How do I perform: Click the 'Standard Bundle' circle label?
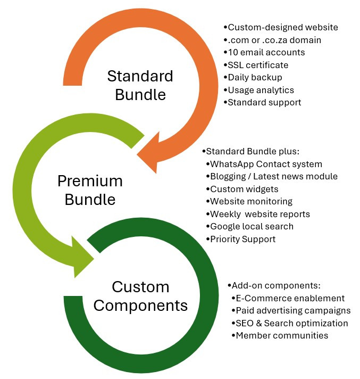click(x=140, y=85)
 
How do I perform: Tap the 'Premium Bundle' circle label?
click(x=90, y=190)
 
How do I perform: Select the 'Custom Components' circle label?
click(x=140, y=296)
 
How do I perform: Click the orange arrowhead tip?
click(x=137, y=154)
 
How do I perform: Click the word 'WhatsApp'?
click(x=232, y=164)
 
